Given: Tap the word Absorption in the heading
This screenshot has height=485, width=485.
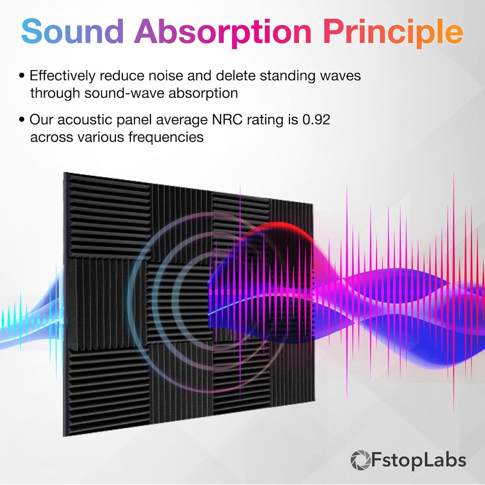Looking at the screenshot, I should click(x=223, y=32).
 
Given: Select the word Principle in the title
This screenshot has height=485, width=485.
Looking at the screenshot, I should click(x=393, y=32).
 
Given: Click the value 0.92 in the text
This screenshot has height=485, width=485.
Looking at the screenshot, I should click(x=316, y=119).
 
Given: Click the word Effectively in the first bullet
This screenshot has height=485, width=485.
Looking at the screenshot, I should click(x=63, y=76).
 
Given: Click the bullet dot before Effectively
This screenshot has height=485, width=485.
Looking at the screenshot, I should click(x=22, y=76).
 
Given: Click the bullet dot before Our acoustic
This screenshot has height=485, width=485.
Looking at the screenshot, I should click(x=22, y=120).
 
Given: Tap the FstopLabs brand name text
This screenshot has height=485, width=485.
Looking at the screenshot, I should click(x=418, y=460).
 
